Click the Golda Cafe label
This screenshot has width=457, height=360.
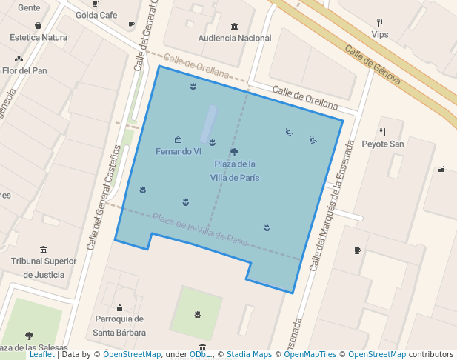96,15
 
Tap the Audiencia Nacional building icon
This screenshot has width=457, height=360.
234,27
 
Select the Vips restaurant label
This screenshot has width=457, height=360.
380,34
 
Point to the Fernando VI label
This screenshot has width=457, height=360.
179,151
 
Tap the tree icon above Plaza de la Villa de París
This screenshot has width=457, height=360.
235,152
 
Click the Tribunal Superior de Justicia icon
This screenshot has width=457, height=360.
44,250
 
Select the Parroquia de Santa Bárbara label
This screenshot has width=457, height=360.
120,326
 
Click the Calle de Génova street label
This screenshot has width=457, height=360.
373,65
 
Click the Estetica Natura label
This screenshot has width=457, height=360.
39,37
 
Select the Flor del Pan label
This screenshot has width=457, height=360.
24,70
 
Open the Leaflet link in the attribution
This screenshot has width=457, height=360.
41,355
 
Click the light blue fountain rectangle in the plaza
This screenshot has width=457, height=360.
208,124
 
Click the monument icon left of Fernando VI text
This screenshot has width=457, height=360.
178,139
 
